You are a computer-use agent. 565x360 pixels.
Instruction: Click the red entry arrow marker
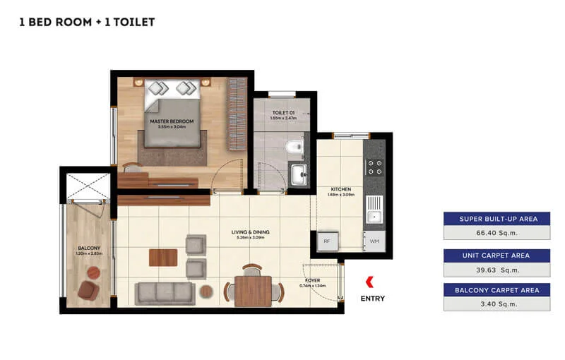click(x=370, y=282)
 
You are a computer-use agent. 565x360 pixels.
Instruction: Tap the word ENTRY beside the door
click(x=372, y=299)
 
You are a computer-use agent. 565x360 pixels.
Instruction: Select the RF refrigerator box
click(x=326, y=241)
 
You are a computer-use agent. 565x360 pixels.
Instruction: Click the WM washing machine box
click(x=374, y=241)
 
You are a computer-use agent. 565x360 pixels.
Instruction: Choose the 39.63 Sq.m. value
click(x=496, y=269)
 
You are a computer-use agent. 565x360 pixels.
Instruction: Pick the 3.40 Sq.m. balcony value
click(x=496, y=304)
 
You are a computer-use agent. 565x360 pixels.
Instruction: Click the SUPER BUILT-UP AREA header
click(x=496, y=219)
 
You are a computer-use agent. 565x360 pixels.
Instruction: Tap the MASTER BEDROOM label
click(x=171, y=121)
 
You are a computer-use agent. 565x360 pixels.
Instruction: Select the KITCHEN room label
click(x=341, y=189)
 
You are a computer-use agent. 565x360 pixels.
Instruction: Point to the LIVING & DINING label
click(x=251, y=232)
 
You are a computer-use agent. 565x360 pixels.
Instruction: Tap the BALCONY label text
click(x=88, y=248)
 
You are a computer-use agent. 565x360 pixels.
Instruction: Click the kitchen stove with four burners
click(x=374, y=167)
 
